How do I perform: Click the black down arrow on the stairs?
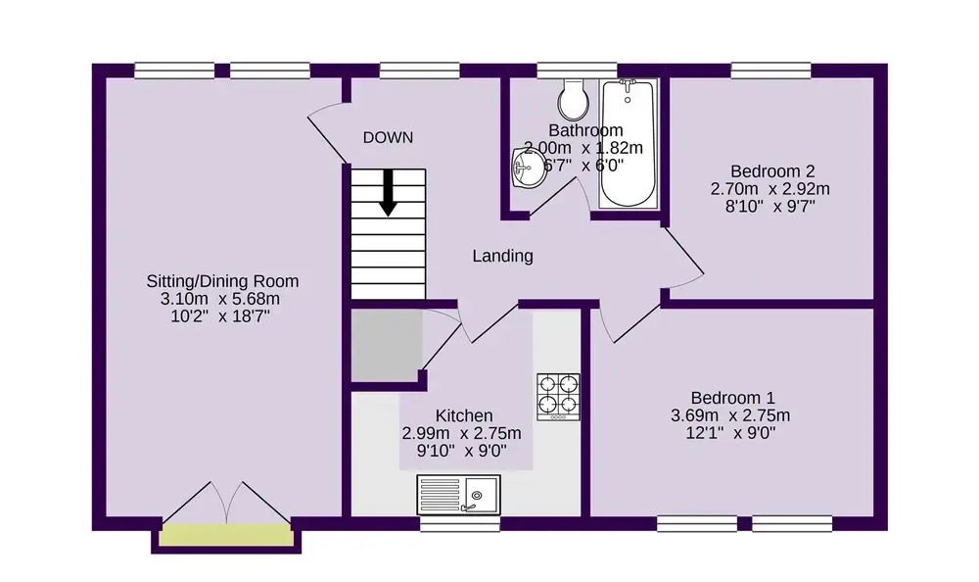click(x=389, y=193)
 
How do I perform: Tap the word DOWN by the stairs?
click(x=389, y=137)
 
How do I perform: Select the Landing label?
click(x=502, y=256)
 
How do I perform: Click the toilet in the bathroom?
click(x=573, y=99)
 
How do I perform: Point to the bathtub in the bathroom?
click(x=629, y=143)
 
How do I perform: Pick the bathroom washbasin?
click(x=528, y=168)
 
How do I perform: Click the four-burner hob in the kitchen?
click(x=558, y=397)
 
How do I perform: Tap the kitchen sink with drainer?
click(x=459, y=494)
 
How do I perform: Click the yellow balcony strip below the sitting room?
click(x=226, y=537)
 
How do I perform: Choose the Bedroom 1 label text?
click(x=732, y=398)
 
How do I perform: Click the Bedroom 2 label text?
click(x=772, y=171)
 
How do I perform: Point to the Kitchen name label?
click(x=464, y=415)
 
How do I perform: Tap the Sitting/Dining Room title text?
click(x=222, y=281)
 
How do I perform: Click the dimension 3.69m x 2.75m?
click(x=730, y=415)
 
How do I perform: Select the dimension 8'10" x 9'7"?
click(x=770, y=207)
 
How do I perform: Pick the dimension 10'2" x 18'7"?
click(x=220, y=316)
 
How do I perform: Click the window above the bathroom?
click(x=577, y=70)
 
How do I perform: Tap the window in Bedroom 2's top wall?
click(x=771, y=70)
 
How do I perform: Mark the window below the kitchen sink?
click(x=460, y=523)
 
